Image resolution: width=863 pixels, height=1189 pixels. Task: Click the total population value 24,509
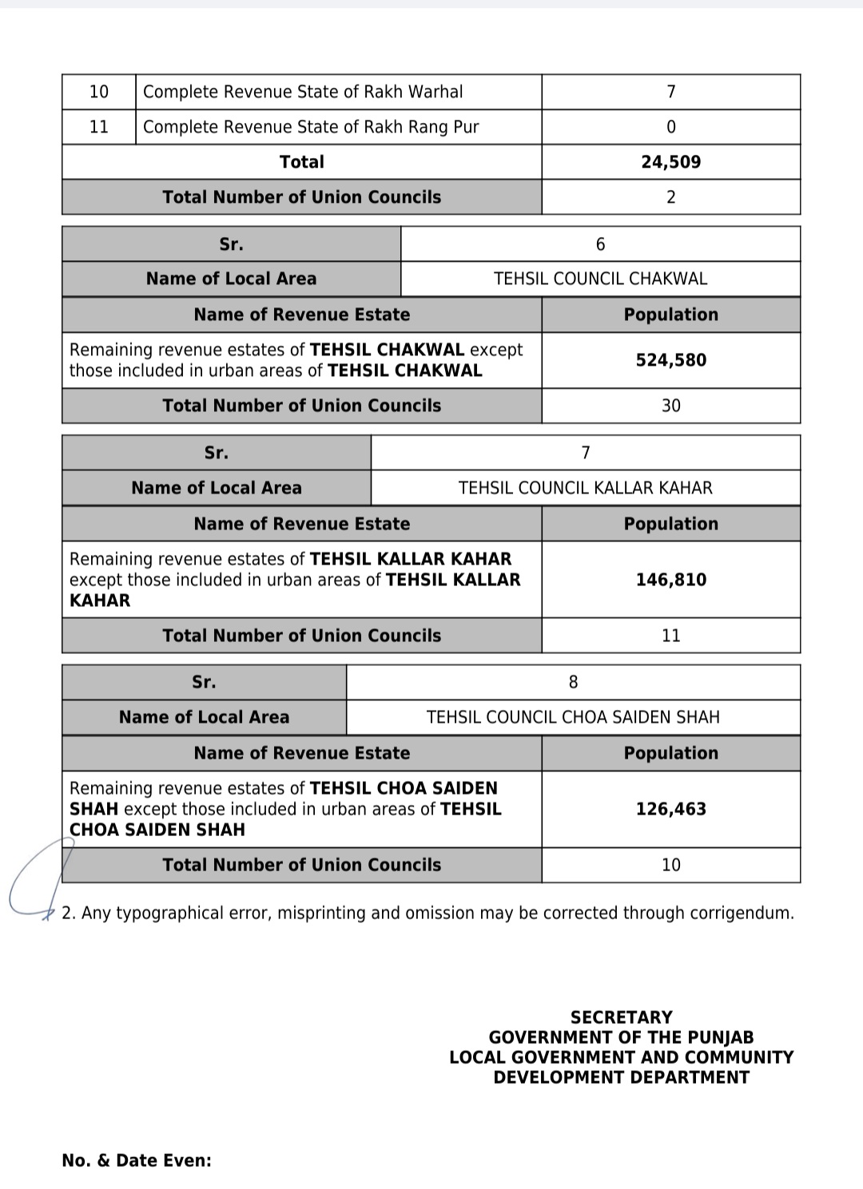pyautogui.click(x=670, y=162)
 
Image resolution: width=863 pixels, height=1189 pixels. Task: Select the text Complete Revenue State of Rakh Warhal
pyautogui.click(x=303, y=92)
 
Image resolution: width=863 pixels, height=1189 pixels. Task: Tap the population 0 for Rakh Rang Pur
pyautogui.click(x=670, y=127)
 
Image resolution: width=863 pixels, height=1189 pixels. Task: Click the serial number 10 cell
pyautogui.click(x=99, y=92)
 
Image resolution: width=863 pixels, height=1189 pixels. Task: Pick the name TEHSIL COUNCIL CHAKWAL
pyautogui.click(x=600, y=279)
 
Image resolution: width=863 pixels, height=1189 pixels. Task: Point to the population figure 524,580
pyautogui.click(x=670, y=360)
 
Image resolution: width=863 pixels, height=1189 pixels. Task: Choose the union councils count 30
pyautogui.click(x=670, y=406)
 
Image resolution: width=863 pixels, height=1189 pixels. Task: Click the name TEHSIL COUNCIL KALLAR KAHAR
pyautogui.click(x=585, y=488)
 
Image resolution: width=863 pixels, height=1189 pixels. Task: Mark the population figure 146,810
pyautogui.click(x=670, y=580)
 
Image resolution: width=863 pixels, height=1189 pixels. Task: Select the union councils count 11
pyautogui.click(x=670, y=636)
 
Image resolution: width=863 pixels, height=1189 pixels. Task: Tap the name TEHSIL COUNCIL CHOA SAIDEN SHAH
pyautogui.click(x=573, y=717)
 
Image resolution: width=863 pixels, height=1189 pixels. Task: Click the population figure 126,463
pyautogui.click(x=670, y=809)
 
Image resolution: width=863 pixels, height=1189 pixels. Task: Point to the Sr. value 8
pyautogui.click(x=573, y=682)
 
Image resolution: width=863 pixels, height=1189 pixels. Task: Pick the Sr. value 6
pyautogui.click(x=600, y=244)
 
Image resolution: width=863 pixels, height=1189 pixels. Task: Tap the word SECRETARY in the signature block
pyautogui.click(x=621, y=1017)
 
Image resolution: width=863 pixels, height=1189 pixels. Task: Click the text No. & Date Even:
pyautogui.click(x=137, y=1160)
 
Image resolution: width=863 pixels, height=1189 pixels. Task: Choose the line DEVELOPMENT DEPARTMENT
pyautogui.click(x=621, y=1077)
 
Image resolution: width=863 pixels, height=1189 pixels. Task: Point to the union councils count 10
pyautogui.click(x=670, y=865)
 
